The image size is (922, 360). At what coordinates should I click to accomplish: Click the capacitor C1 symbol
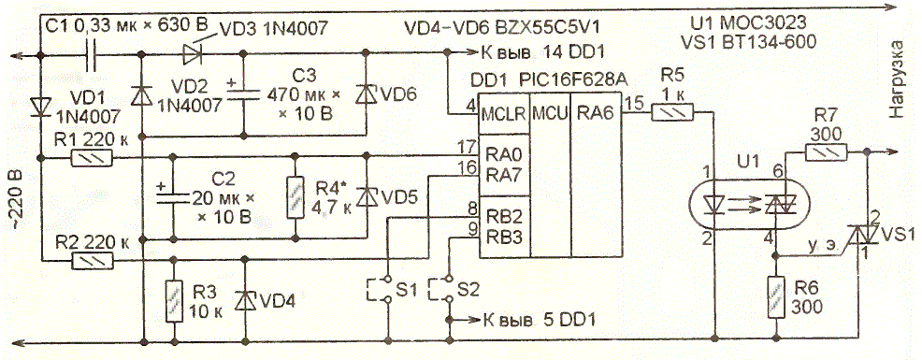pos(91,56)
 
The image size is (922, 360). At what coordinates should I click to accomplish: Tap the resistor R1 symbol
pos(91,158)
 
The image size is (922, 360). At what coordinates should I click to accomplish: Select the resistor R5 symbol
pos(672,112)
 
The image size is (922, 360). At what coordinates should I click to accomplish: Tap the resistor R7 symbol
pos(825,153)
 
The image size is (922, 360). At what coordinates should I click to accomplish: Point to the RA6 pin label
pos(592,113)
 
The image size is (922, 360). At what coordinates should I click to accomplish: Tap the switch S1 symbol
pos(380,289)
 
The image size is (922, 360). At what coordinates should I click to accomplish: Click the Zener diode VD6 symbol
pos(367,94)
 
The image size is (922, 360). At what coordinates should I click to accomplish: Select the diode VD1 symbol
pos(41,107)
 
